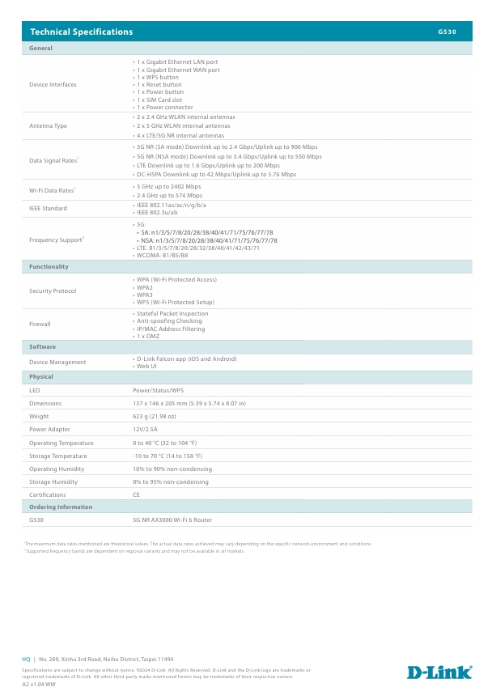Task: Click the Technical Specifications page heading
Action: coord(81,32)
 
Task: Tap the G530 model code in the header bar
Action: coord(447,32)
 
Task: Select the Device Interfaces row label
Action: coord(53,84)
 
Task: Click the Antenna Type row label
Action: coord(48,125)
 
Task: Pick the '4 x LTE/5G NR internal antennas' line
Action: coord(180,135)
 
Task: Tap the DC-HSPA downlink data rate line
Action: coord(215,174)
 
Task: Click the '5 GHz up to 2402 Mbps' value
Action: coord(168,186)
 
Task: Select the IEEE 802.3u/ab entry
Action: coord(158,212)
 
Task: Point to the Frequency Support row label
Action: coord(56,240)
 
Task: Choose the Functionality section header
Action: coord(49,266)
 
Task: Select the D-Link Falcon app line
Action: coord(185,358)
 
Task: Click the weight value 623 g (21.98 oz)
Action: coord(155,416)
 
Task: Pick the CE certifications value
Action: coord(136,494)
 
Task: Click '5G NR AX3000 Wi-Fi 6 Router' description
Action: coord(172,520)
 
